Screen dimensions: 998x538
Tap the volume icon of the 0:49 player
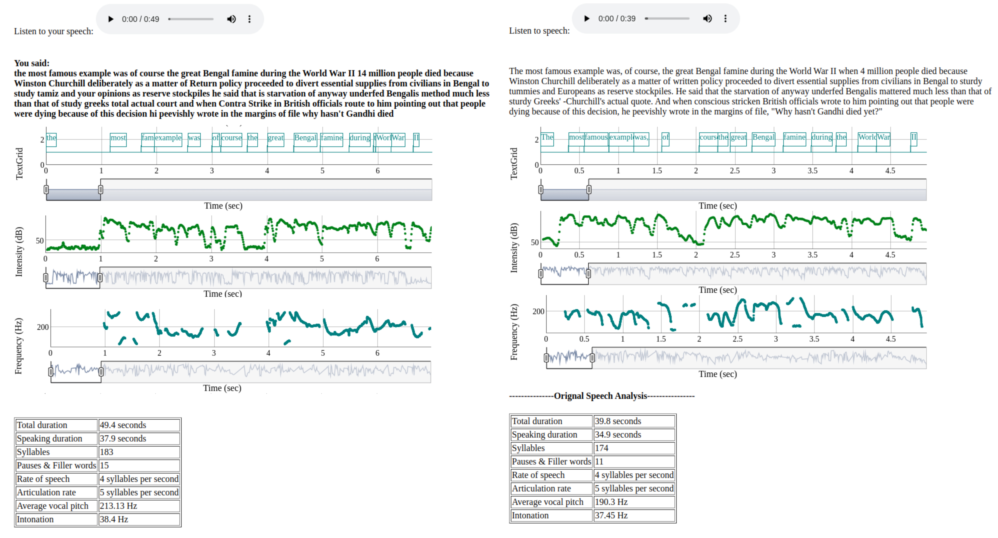(x=231, y=19)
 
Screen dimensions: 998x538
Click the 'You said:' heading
(x=32, y=63)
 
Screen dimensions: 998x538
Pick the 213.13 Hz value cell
(x=139, y=506)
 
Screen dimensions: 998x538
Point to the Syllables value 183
(x=139, y=452)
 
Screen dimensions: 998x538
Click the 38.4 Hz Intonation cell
(x=139, y=519)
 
